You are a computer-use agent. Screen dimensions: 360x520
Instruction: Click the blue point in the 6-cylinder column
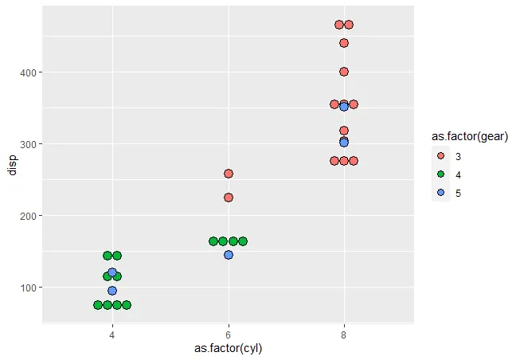(229, 255)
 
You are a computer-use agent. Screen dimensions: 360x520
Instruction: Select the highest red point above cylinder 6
(229, 174)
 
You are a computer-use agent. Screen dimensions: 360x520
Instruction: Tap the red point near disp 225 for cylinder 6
(229, 198)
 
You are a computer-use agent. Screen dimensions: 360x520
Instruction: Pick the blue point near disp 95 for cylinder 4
(112, 291)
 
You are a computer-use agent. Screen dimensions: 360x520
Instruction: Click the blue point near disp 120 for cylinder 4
(112, 272)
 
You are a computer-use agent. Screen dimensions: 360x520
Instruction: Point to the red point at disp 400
(344, 72)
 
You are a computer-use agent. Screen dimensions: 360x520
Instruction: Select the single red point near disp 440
(344, 43)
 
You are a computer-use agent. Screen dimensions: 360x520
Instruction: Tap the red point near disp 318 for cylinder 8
(344, 131)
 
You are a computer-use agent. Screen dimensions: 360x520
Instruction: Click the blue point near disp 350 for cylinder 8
(344, 107)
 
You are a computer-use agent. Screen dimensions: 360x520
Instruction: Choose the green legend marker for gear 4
(440, 174)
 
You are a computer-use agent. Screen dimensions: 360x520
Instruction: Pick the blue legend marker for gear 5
(440, 193)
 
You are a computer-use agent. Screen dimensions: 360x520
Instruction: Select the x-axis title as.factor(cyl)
(228, 349)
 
